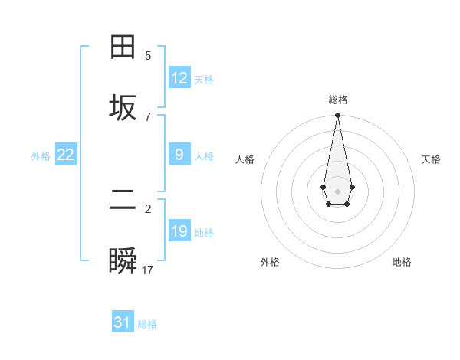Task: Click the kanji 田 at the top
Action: [123, 47]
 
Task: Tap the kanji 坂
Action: [123, 108]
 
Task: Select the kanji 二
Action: [123, 201]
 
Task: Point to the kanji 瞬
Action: [123, 262]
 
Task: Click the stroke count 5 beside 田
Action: [148, 56]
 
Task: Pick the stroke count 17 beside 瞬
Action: [148, 270]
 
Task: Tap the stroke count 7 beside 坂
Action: [148, 116]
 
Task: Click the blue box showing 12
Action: [179, 78]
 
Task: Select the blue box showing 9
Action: [179, 155]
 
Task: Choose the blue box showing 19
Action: [179, 231]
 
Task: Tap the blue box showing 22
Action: [66, 155]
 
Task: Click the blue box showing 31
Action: [123, 322]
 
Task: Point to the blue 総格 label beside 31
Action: [147, 324]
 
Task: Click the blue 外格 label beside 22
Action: [41, 156]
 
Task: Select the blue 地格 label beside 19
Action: [204, 233]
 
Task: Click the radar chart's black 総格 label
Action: [337, 100]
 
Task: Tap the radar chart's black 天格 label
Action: [431, 159]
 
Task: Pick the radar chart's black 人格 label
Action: [245, 159]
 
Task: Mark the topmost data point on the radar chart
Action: [337, 116]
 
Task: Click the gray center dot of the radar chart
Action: [337, 190]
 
